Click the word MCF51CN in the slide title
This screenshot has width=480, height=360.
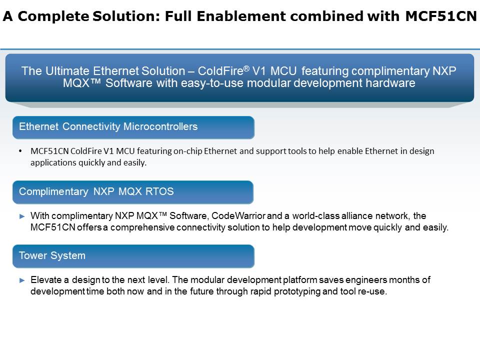pos(441,16)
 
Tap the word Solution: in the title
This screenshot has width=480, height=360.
pos(126,16)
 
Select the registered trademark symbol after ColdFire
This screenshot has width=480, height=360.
pos(246,68)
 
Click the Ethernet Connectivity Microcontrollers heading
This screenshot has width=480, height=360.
pos(108,126)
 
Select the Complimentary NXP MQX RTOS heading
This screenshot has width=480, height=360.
pos(96,191)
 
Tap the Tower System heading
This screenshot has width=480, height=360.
pos(52,255)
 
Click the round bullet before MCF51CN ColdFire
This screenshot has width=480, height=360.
pos(20,151)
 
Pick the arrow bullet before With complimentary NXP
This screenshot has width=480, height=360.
pos(22,216)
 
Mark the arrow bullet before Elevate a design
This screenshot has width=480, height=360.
pos(22,280)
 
